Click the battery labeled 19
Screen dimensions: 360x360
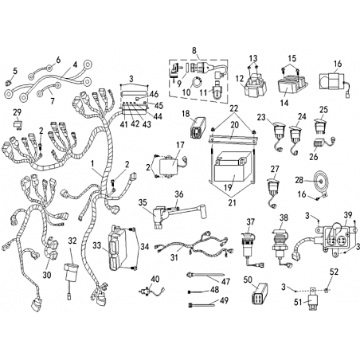[x=233, y=166]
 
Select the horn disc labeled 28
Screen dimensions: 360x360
[x=320, y=182]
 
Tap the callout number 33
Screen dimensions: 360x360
[x=97, y=245]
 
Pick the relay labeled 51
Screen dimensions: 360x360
[x=313, y=299]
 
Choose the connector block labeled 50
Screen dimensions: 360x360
[x=259, y=293]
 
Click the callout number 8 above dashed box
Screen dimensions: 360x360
[x=194, y=50]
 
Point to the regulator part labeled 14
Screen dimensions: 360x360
[x=292, y=83]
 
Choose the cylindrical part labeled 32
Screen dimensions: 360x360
[x=71, y=276]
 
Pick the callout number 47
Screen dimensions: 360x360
[x=225, y=281]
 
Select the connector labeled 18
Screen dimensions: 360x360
[x=198, y=127]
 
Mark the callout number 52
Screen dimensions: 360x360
[x=335, y=272]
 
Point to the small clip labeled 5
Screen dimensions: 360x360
[x=8, y=83]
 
